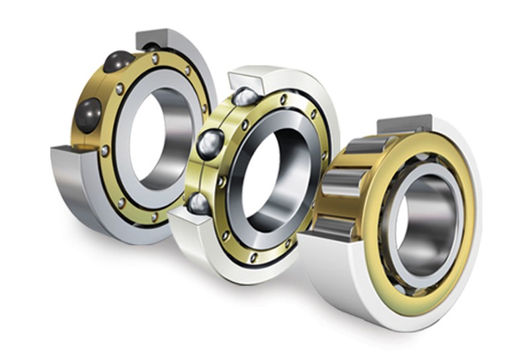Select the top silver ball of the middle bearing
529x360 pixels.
pyautogui.click(x=244, y=97)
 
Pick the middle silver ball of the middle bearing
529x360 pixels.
pyautogui.click(x=210, y=143)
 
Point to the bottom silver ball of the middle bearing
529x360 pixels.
pyautogui.click(x=199, y=203)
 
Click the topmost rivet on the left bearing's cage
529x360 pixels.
pyautogui.click(x=155, y=59)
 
